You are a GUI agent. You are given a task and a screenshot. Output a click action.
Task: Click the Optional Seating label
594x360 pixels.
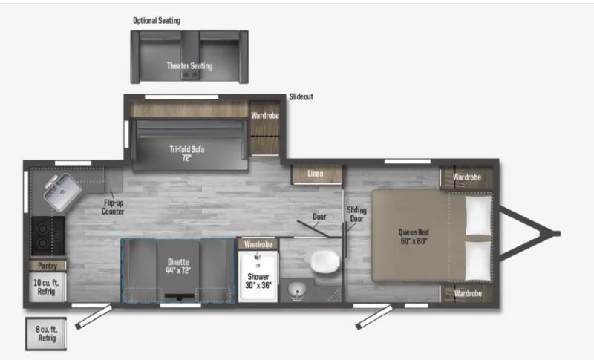[157, 21]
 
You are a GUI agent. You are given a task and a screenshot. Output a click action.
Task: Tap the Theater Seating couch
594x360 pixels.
[189, 56]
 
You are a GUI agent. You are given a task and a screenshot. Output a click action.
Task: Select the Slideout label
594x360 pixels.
[301, 97]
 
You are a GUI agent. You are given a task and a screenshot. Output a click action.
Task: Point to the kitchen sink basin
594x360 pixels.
[62, 192]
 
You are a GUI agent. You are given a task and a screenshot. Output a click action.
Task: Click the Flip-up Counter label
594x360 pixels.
[113, 207]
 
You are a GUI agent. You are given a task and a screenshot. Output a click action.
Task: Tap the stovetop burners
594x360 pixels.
[48, 235]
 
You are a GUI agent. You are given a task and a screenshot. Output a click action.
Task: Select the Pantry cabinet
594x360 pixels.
[48, 266]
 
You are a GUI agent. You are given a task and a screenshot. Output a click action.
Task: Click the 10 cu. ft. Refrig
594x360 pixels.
[48, 287]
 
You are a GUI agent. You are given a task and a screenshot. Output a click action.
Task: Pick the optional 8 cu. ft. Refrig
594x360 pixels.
[46, 334]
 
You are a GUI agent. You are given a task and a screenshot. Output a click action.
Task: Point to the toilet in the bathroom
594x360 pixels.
[324, 262]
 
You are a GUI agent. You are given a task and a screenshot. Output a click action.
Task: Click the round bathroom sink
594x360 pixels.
[298, 291]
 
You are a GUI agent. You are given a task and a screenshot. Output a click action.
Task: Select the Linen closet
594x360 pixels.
[317, 174]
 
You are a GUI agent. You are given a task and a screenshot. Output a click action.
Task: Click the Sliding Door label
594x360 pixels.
[356, 215]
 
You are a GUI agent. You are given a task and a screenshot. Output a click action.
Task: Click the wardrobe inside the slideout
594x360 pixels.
[265, 128]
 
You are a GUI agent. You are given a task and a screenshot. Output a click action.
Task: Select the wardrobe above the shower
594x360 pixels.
[258, 244]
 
